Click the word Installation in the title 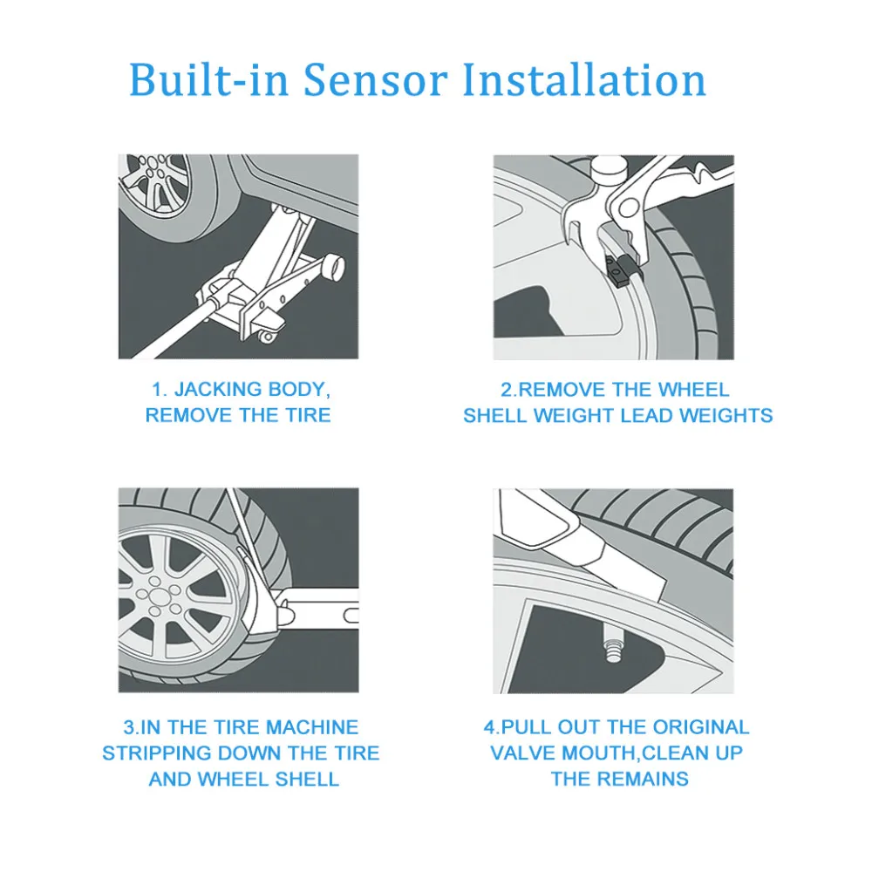coord(583,80)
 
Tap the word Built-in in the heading coord(209,80)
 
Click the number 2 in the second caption coord(506,390)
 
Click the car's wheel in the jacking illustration coord(157,187)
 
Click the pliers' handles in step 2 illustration coord(680,183)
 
